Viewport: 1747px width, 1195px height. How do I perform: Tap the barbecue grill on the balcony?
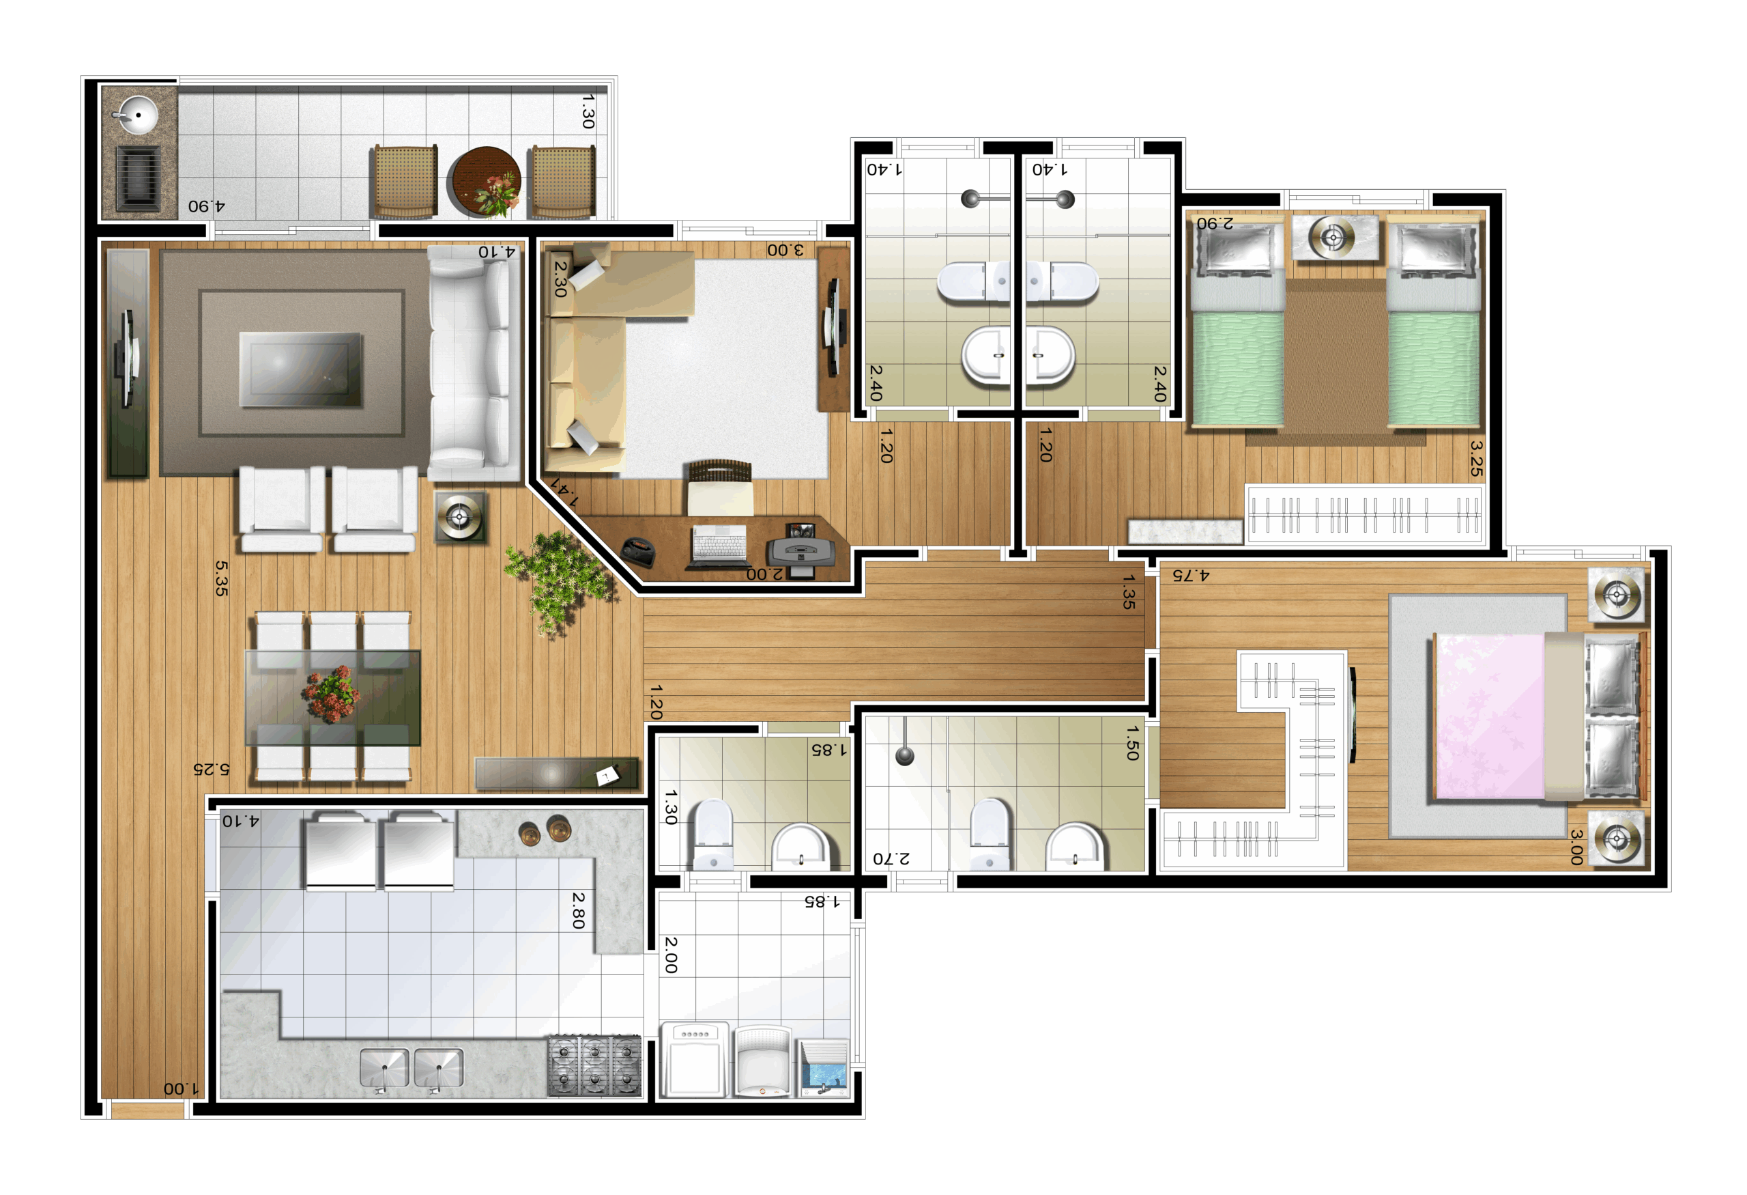[x=139, y=178]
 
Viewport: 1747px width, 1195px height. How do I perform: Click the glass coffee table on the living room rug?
[x=301, y=369]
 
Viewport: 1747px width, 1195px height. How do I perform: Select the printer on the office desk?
[x=800, y=552]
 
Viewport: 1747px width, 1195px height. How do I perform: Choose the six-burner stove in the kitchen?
[x=594, y=1066]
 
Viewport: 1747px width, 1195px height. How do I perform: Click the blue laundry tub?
[x=824, y=1068]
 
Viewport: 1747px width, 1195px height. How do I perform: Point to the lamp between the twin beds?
[x=1333, y=238]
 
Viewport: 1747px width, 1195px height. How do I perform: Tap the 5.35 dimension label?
[x=221, y=578]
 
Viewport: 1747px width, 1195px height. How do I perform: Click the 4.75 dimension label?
[x=1191, y=576]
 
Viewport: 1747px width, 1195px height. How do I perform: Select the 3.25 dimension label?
[x=1475, y=459]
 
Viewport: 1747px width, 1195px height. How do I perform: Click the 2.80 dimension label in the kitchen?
[x=578, y=911]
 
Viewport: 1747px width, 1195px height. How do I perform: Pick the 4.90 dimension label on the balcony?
[x=207, y=206]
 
